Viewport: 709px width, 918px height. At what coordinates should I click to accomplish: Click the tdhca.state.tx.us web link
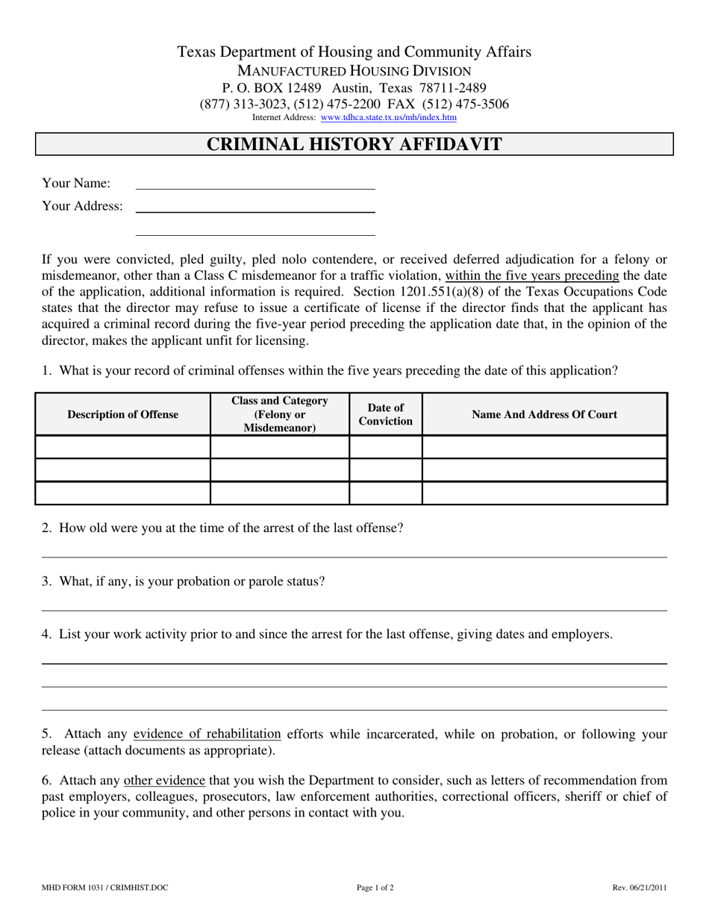[x=388, y=117]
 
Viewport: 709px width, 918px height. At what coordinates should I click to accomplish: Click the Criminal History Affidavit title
[x=354, y=144]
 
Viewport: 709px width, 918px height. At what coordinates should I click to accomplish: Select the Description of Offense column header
[x=123, y=414]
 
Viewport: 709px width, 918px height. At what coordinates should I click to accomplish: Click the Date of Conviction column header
[x=386, y=414]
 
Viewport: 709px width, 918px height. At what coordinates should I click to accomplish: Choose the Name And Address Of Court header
[x=545, y=414]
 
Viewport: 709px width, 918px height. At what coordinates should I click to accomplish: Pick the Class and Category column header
[x=280, y=414]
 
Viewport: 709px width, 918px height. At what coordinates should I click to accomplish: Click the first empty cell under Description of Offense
[x=123, y=447]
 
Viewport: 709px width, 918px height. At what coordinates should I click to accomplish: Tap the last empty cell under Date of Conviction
[x=386, y=493]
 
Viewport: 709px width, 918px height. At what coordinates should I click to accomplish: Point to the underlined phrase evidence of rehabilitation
[x=207, y=734]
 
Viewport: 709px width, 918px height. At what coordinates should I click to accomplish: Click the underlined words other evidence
[x=164, y=781]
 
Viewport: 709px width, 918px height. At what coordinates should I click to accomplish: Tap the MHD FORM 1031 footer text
[x=105, y=887]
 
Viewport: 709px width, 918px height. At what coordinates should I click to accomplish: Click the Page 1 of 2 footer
[x=375, y=887]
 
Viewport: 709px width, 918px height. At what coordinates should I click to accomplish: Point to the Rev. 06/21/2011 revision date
[x=640, y=887]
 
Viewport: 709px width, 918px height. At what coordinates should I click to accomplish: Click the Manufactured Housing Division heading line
[x=354, y=71]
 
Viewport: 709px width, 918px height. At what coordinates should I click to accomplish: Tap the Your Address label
[x=82, y=206]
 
